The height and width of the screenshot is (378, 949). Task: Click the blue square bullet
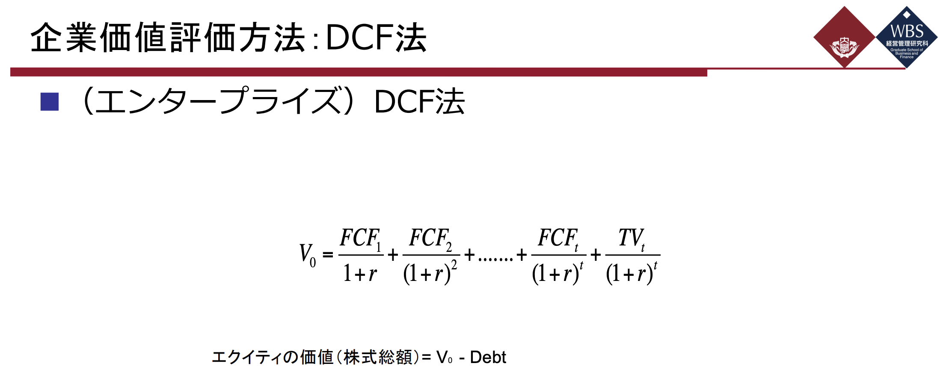49,102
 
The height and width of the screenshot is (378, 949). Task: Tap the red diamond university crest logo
844,37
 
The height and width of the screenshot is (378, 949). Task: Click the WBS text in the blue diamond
907,31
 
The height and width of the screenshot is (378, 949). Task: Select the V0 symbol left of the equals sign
307,255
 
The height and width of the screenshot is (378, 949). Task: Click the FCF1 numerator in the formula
360,239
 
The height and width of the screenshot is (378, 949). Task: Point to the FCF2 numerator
430,239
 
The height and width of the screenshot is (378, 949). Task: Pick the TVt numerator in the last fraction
632,239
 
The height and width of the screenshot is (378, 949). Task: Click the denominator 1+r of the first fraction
360,273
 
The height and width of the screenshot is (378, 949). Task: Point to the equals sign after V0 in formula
328,255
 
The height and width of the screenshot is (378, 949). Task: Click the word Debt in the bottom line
488,357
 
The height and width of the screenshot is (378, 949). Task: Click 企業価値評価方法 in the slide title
167,38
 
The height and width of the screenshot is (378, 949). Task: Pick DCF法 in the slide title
376,38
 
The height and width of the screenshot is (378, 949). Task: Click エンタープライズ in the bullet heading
218,102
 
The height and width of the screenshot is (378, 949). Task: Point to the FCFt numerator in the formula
558,239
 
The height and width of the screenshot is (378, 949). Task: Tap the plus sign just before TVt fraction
596,255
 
